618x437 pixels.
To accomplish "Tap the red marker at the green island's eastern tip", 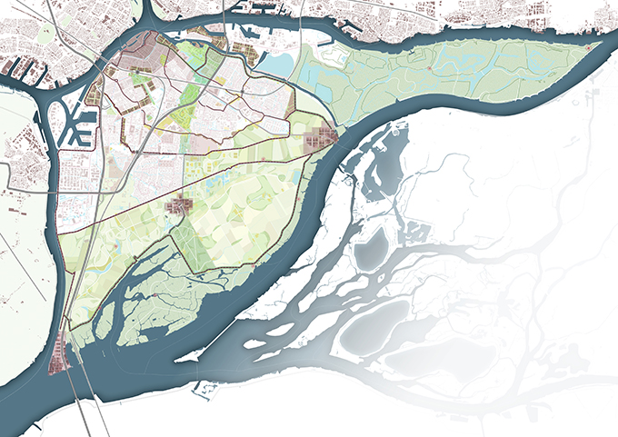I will coord(589,47).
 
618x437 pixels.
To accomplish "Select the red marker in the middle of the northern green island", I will coord(429,67).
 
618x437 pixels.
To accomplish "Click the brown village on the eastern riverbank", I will coord(320,139).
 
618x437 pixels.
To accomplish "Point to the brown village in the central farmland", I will coord(181,208).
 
